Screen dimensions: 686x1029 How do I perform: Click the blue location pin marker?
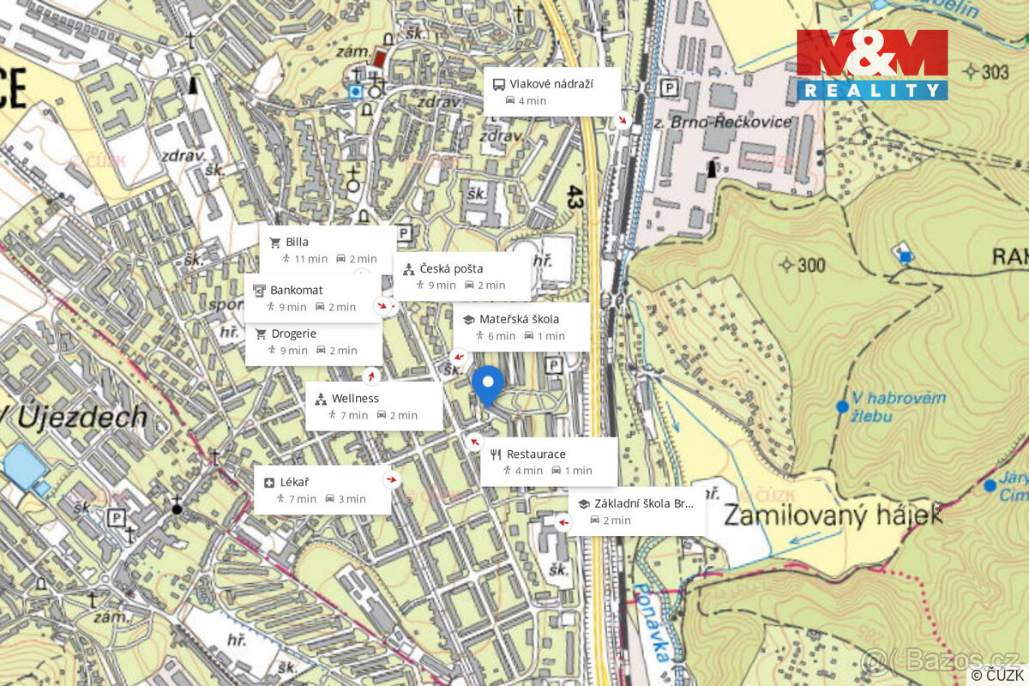click(488, 383)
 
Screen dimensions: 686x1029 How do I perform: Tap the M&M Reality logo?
click(871, 65)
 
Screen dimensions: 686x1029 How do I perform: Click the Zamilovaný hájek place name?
click(833, 514)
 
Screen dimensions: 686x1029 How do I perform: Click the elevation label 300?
click(809, 264)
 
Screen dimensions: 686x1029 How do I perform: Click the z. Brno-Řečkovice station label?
click(736, 122)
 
